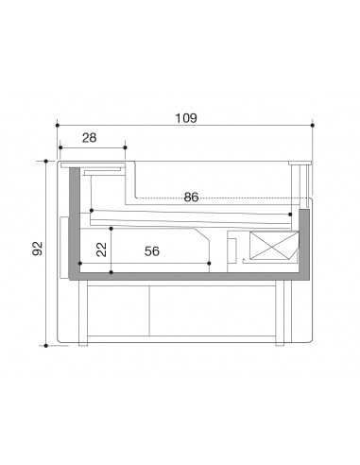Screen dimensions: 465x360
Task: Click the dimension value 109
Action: point(185,118)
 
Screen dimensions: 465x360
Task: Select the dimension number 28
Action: point(90,138)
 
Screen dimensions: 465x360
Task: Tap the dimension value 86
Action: point(191,198)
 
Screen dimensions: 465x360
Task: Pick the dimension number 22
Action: point(100,250)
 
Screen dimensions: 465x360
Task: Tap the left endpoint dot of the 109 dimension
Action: point(58,124)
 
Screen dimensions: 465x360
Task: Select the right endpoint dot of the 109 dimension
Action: point(312,124)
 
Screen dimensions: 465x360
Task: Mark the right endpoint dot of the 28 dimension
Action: point(125,146)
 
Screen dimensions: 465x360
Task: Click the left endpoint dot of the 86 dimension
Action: point(91,210)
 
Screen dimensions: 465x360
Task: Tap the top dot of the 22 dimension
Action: point(112,229)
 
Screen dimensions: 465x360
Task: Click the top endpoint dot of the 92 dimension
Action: point(44,162)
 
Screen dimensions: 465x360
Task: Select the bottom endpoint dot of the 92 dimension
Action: point(44,347)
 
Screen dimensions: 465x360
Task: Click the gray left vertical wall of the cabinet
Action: point(75,222)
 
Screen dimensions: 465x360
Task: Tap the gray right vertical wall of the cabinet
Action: point(304,241)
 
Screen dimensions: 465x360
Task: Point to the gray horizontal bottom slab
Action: point(189,277)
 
